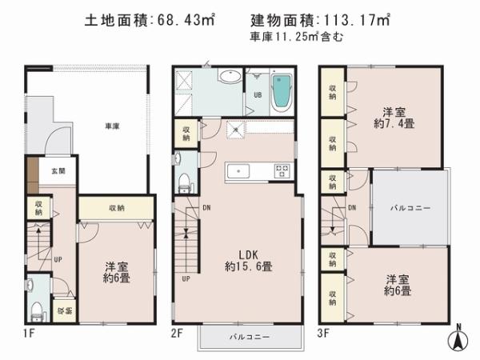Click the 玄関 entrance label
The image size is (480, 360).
pos(59,170)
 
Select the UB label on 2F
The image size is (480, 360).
pos(258,94)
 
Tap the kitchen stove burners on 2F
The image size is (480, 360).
pos(282,170)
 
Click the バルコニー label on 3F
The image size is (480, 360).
pos(410,208)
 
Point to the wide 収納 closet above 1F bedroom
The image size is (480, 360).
pos(116,208)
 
